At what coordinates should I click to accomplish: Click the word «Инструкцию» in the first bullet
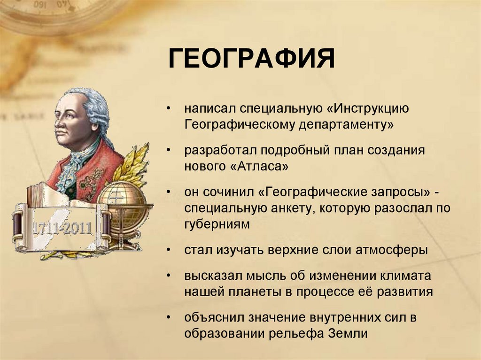365,109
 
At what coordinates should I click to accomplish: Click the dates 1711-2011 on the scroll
62,229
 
